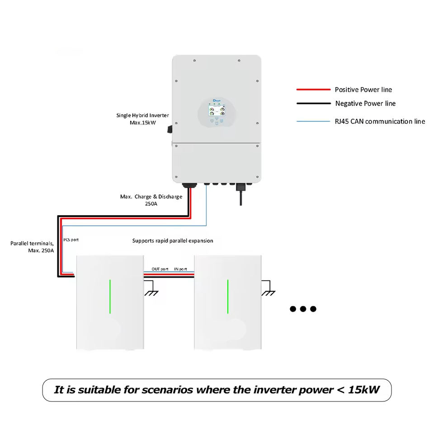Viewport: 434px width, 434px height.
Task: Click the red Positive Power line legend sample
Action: (x=313, y=90)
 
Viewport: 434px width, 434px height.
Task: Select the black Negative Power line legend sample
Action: (x=313, y=103)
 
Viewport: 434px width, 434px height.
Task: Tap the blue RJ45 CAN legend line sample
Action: (x=313, y=121)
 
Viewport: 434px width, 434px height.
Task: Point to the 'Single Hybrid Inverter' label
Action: (x=142, y=116)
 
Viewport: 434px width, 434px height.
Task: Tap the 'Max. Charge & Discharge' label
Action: (x=151, y=197)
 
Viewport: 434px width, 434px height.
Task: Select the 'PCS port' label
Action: (x=71, y=240)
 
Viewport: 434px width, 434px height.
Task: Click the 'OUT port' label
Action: (x=160, y=269)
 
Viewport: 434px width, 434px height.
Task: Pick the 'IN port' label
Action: (x=180, y=269)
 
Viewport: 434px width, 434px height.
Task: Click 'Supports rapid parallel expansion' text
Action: (x=172, y=241)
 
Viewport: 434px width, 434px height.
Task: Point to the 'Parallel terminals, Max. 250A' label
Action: (x=32, y=246)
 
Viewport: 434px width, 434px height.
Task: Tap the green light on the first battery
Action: (x=110, y=296)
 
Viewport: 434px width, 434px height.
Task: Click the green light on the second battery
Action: (x=227, y=296)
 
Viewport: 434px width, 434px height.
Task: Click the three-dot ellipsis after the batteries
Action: (x=303, y=309)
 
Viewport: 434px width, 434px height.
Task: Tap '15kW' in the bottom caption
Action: (x=364, y=390)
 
